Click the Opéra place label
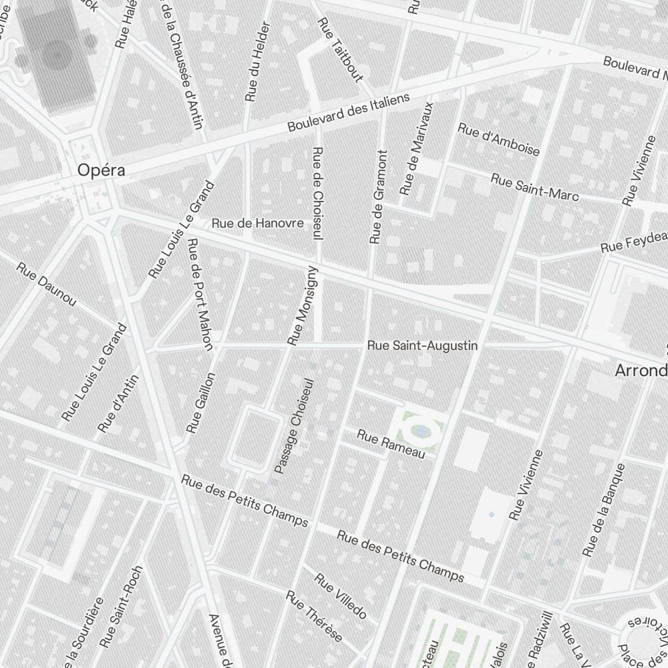point(101,170)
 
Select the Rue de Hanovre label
point(257,223)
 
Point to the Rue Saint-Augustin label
point(422,345)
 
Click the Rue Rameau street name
point(391,445)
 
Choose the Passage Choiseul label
point(293,427)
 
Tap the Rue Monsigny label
point(303,306)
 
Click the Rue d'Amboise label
point(498,139)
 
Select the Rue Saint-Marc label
point(534,186)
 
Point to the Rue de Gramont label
point(378,196)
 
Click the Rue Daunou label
point(46,286)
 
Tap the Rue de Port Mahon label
point(200,294)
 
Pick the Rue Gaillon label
point(201,403)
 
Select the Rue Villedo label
point(340,595)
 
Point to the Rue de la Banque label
point(603,510)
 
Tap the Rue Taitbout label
point(340,50)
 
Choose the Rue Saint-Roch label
point(121,607)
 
